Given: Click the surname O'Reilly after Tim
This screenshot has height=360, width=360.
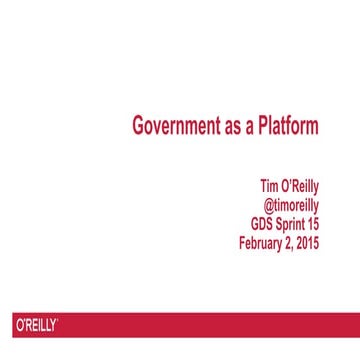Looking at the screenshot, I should point(301,186).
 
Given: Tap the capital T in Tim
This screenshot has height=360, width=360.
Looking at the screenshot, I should point(263,186).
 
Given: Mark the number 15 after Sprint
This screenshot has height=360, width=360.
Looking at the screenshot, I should point(314,223).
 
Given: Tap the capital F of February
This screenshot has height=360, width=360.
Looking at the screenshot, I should point(243,242).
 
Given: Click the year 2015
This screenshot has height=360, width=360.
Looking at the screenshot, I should point(309,242).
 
